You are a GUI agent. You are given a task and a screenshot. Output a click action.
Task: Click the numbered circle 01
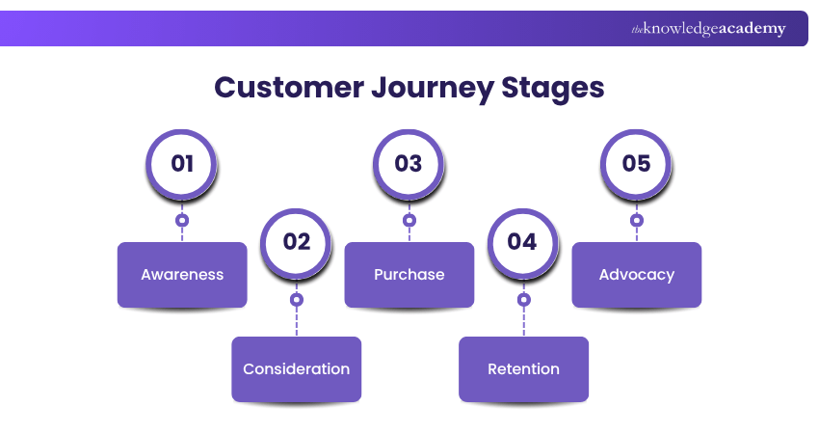coord(182,164)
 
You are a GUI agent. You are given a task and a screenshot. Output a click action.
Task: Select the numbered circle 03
coord(409,164)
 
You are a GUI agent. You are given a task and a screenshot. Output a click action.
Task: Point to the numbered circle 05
coord(637,164)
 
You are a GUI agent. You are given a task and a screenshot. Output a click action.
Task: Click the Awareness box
coord(182,275)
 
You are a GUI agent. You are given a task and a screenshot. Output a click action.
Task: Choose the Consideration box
coord(296,369)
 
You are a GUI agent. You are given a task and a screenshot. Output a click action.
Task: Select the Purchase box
coord(409,275)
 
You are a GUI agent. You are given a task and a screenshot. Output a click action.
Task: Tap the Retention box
coord(523,369)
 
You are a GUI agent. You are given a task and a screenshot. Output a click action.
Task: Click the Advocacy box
coord(637,275)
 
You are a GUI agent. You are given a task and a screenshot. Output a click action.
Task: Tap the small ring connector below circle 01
coord(182,221)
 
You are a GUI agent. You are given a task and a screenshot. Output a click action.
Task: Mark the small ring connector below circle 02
coord(296,300)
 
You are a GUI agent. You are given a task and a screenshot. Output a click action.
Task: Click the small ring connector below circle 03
coord(409,221)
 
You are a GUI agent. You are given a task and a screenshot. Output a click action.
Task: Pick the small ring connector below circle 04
coord(523,300)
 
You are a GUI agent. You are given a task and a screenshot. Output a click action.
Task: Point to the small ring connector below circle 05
coord(637,221)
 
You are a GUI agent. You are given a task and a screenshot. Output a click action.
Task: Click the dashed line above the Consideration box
coord(296,322)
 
